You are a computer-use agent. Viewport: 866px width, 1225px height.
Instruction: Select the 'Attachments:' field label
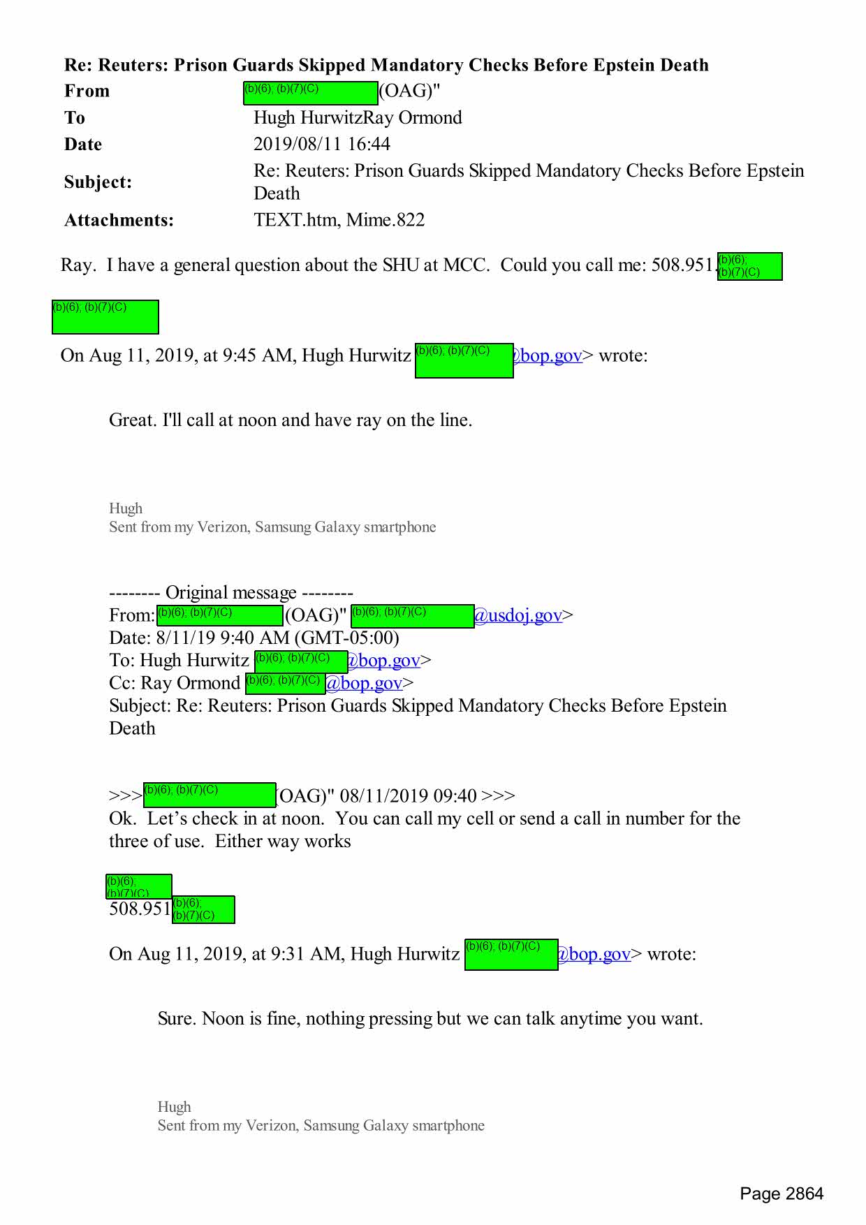[x=119, y=220]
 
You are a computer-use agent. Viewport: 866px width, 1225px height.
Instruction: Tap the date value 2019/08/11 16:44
[x=321, y=144]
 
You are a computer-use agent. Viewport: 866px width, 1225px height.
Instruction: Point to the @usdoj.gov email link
[x=518, y=615]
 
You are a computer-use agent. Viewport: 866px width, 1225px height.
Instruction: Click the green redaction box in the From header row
[x=310, y=93]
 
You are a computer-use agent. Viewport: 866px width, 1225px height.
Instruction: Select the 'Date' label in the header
[x=83, y=144]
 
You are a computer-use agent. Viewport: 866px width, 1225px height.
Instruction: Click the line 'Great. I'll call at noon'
[x=290, y=420]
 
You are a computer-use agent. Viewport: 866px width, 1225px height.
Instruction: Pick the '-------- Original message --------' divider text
[x=230, y=593]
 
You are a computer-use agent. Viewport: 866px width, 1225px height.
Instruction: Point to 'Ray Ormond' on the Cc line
[x=190, y=683]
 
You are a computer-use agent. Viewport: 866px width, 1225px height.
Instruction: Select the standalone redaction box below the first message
[x=105, y=316]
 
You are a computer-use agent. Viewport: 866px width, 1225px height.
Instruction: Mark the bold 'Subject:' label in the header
[x=98, y=182]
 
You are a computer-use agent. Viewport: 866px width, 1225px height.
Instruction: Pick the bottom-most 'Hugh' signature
[x=174, y=1106]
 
